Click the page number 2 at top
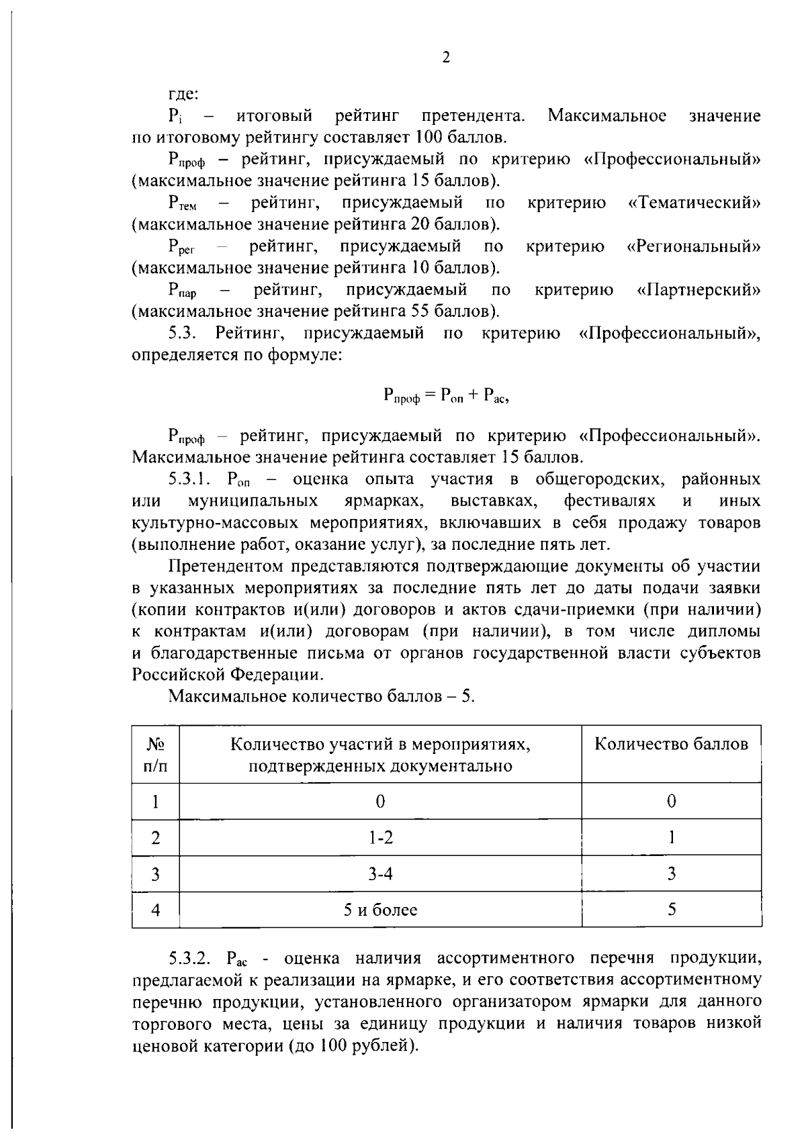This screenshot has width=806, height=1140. pos(446,58)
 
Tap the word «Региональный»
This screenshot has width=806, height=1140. pos(694,246)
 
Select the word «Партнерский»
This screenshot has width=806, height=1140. pos(699,290)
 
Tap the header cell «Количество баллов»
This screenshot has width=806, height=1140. pos(671,744)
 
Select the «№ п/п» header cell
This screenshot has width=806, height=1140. pos(155,755)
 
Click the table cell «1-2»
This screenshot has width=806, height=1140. pos(380,837)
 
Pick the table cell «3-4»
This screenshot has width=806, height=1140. pos(380,873)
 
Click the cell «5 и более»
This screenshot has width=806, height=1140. pos(380,910)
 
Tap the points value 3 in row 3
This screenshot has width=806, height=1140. pos(671,873)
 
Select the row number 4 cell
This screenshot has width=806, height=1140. pos(155,910)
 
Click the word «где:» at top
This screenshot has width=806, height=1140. pos(182,95)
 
